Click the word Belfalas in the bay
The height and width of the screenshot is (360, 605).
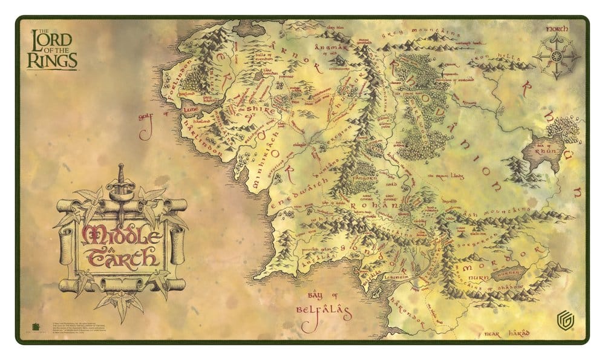324,313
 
